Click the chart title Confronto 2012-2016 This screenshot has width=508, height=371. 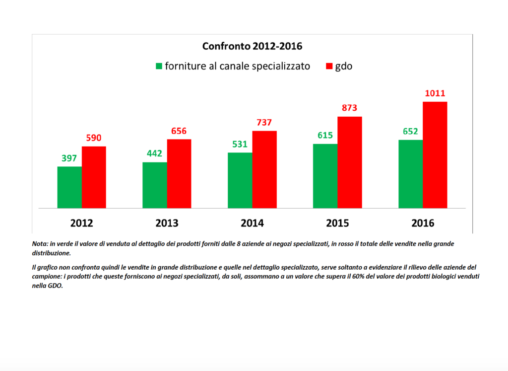[x=252, y=47]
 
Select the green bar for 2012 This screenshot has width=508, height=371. [x=69, y=187]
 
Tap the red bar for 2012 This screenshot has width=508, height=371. [x=94, y=177]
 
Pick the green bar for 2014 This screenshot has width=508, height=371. [x=240, y=180]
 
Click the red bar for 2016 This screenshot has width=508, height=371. [x=435, y=155]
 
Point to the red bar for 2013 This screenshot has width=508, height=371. [x=179, y=174]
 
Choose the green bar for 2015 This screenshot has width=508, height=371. [x=325, y=176]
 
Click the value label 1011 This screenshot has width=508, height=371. [x=435, y=93]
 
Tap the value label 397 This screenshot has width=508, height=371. [x=69, y=158]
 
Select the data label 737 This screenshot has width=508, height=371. [x=264, y=123]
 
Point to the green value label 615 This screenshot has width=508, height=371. [x=325, y=136]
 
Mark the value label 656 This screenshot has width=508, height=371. [x=179, y=131]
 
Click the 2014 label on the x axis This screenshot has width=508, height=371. [x=252, y=223]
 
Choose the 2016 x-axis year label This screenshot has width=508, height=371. [x=423, y=223]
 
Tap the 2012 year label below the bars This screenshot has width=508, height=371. [x=82, y=223]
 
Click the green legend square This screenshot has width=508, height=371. [x=159, y=66]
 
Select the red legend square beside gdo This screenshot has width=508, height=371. [x=329, y=66]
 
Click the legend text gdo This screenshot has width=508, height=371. [x=344, y=66]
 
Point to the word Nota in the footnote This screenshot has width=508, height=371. [x=40, y=244]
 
